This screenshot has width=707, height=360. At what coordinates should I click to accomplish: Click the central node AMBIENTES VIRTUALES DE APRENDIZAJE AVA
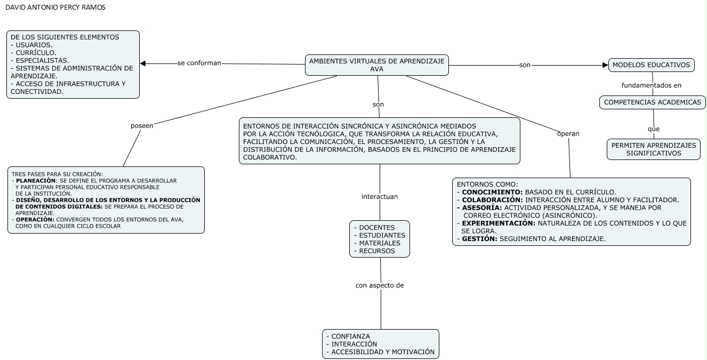(x=377, y=65)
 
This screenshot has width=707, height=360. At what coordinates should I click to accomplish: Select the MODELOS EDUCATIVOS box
(x=651, y=65)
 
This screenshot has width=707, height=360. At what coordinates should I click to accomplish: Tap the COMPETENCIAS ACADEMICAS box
(x=652, y=102)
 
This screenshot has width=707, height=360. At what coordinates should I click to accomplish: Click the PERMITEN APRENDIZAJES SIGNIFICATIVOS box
(x=653, y=149)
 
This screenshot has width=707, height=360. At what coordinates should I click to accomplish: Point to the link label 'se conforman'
(x=199, y=63)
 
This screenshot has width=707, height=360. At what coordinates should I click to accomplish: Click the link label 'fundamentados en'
(x=651, y=85)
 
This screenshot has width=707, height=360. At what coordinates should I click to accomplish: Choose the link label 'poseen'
(x=142, y=125)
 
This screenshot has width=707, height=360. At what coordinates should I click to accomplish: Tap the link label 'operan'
(x=568, y=133)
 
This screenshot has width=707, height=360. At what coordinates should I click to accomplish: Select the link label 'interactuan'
(x=380, y=196)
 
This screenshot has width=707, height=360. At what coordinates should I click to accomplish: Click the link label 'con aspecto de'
(x=380, y=285)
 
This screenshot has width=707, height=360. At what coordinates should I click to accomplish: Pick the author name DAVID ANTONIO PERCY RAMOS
(x=55, y=7)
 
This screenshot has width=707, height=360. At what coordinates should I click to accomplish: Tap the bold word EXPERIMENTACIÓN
(x=498, y=223)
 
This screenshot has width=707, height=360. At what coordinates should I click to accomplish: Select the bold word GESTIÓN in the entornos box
(x=479, y=238)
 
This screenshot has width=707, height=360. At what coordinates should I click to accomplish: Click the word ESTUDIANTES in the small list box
(x=382, y=235)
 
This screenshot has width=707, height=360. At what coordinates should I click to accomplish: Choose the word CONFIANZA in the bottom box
(x=350, y=337)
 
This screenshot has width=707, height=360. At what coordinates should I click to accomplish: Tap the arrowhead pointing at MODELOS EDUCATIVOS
(x=605, y=65)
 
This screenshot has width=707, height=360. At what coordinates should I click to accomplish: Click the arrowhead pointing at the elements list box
(x=143, y=64)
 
